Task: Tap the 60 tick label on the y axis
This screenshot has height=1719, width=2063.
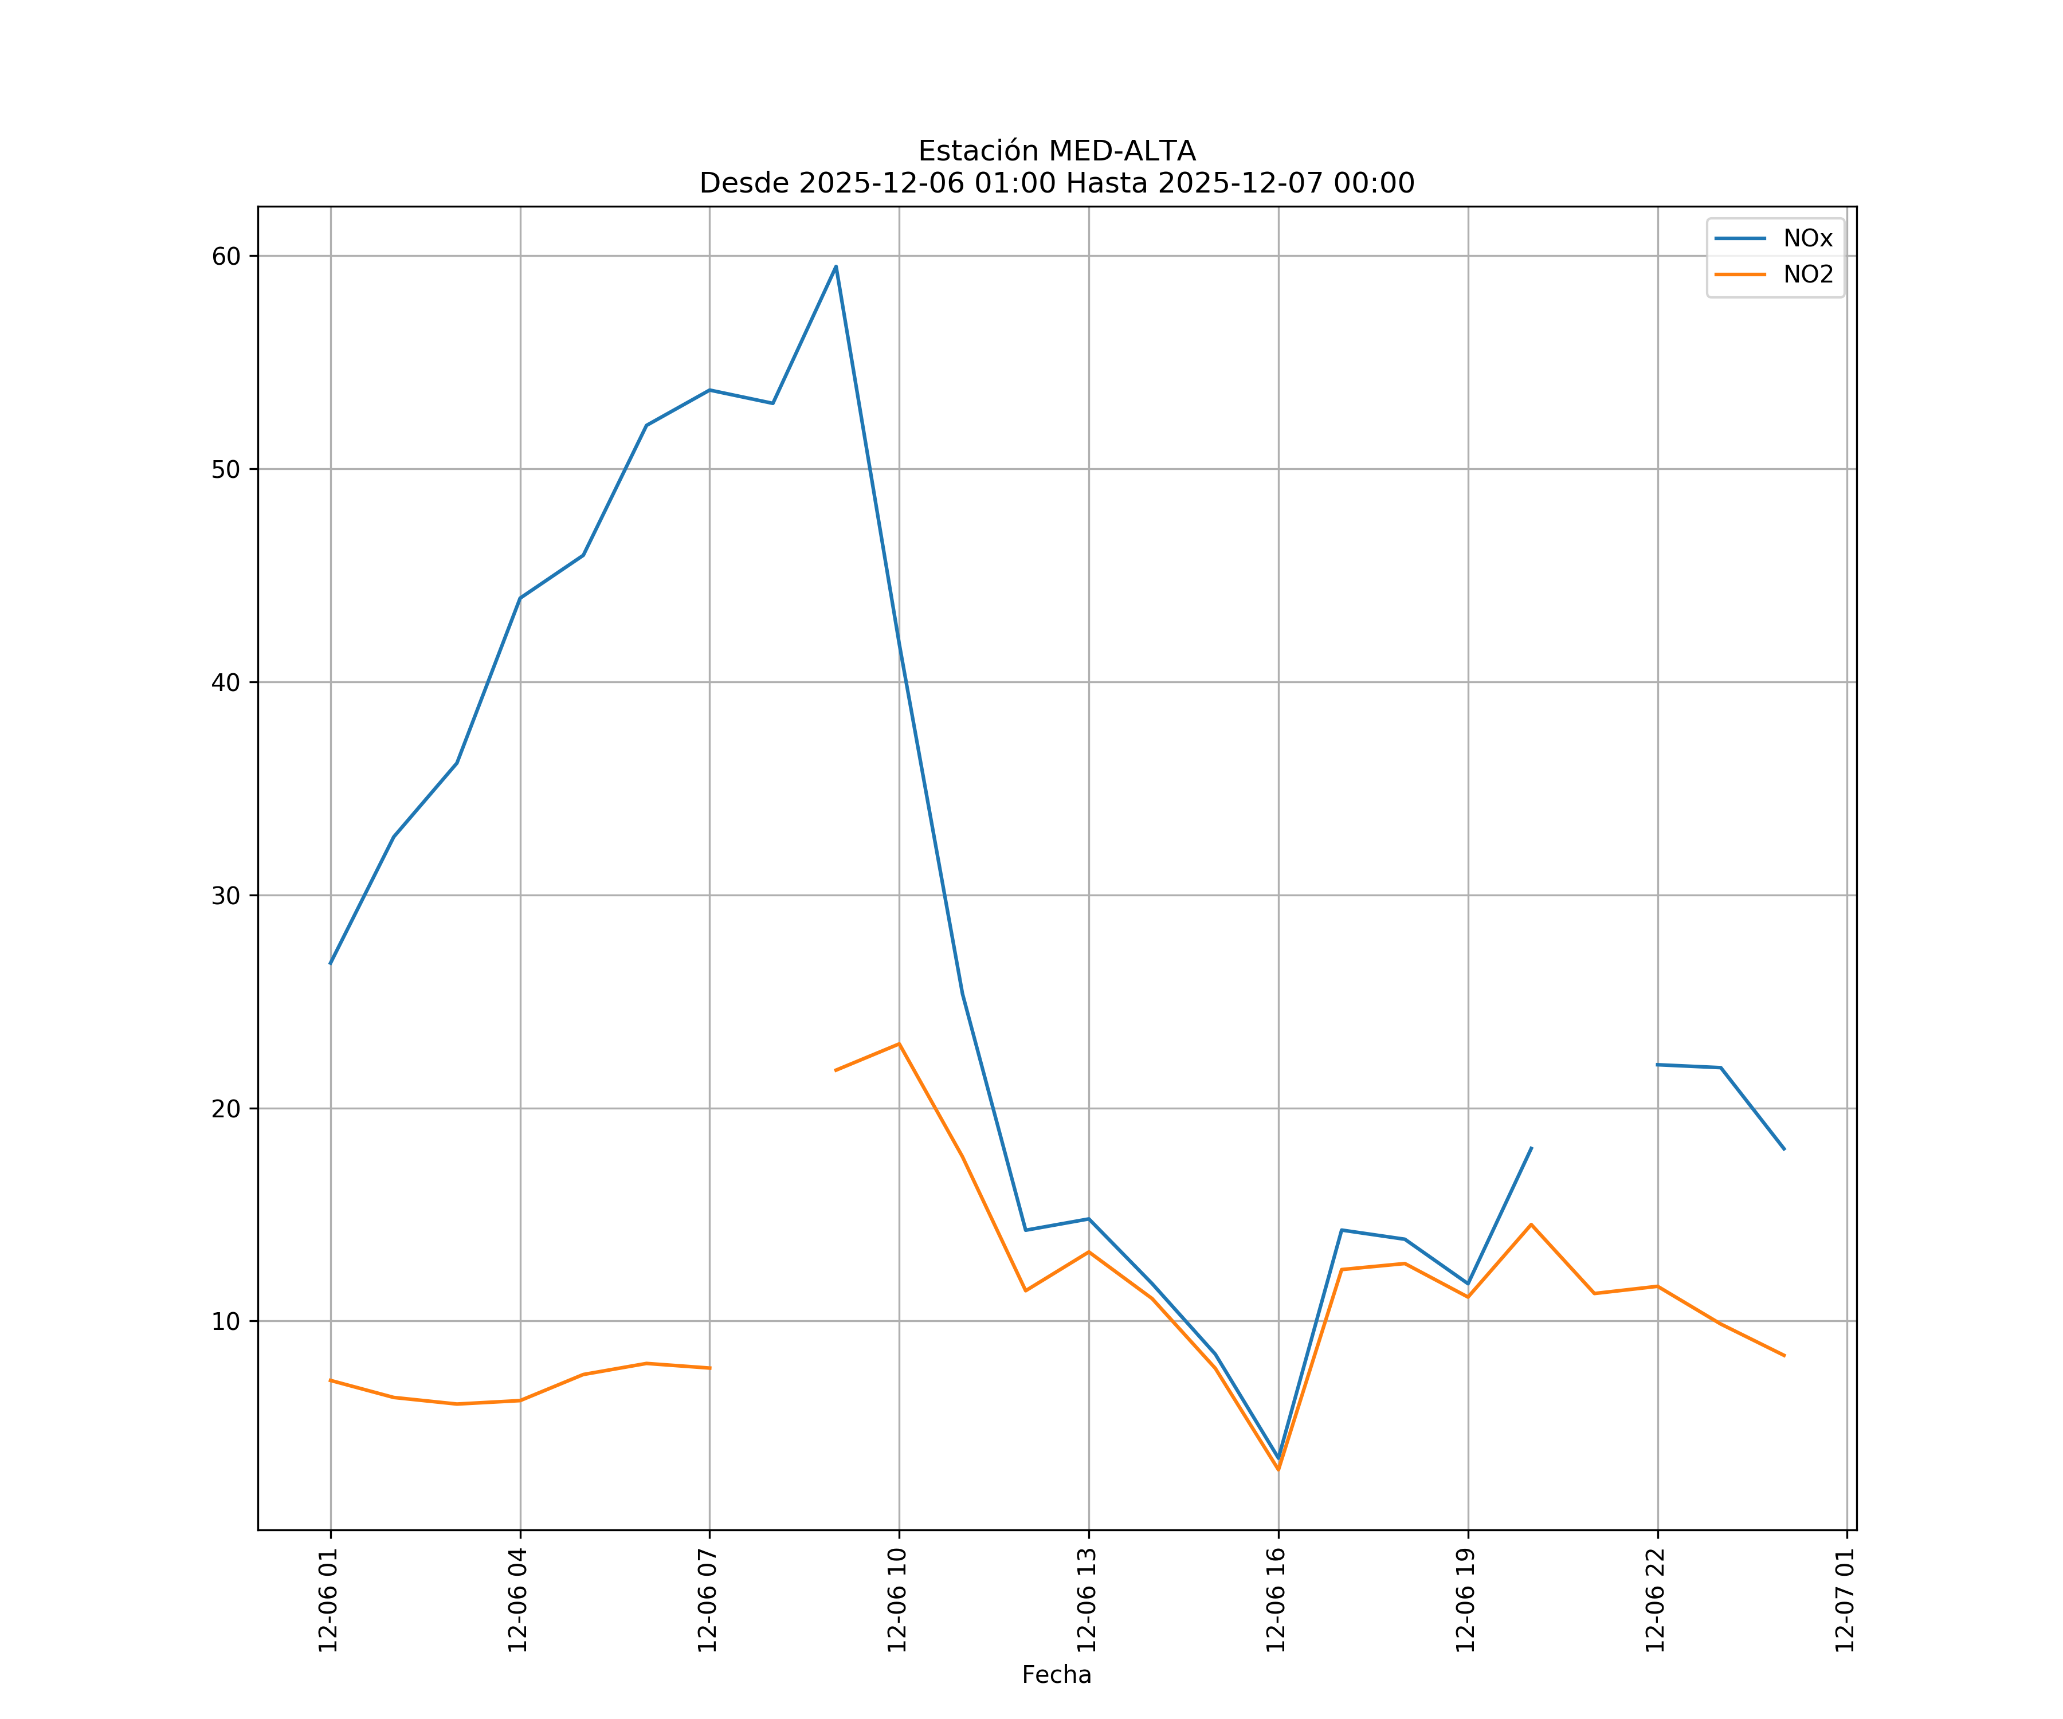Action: [226, 256]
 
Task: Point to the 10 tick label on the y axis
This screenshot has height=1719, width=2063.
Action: [226, 1321]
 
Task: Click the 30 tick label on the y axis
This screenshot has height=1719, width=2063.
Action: [226, 895]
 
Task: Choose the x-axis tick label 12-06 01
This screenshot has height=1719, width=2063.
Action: [328, 1600]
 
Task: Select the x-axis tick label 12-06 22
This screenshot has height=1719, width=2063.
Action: [1656, 1600]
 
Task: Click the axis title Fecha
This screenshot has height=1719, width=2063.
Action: [1056, 1675]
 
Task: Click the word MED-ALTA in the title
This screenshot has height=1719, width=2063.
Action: [1122, 151]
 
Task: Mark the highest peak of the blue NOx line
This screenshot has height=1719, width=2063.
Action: [836, 266]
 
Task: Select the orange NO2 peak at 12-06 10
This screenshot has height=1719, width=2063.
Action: [899, 1043]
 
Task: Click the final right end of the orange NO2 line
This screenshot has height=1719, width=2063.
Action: [1784, 1356]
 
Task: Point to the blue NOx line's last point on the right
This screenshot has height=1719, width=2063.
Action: [1784, 1149]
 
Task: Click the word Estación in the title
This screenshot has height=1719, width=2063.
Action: [978, 151]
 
